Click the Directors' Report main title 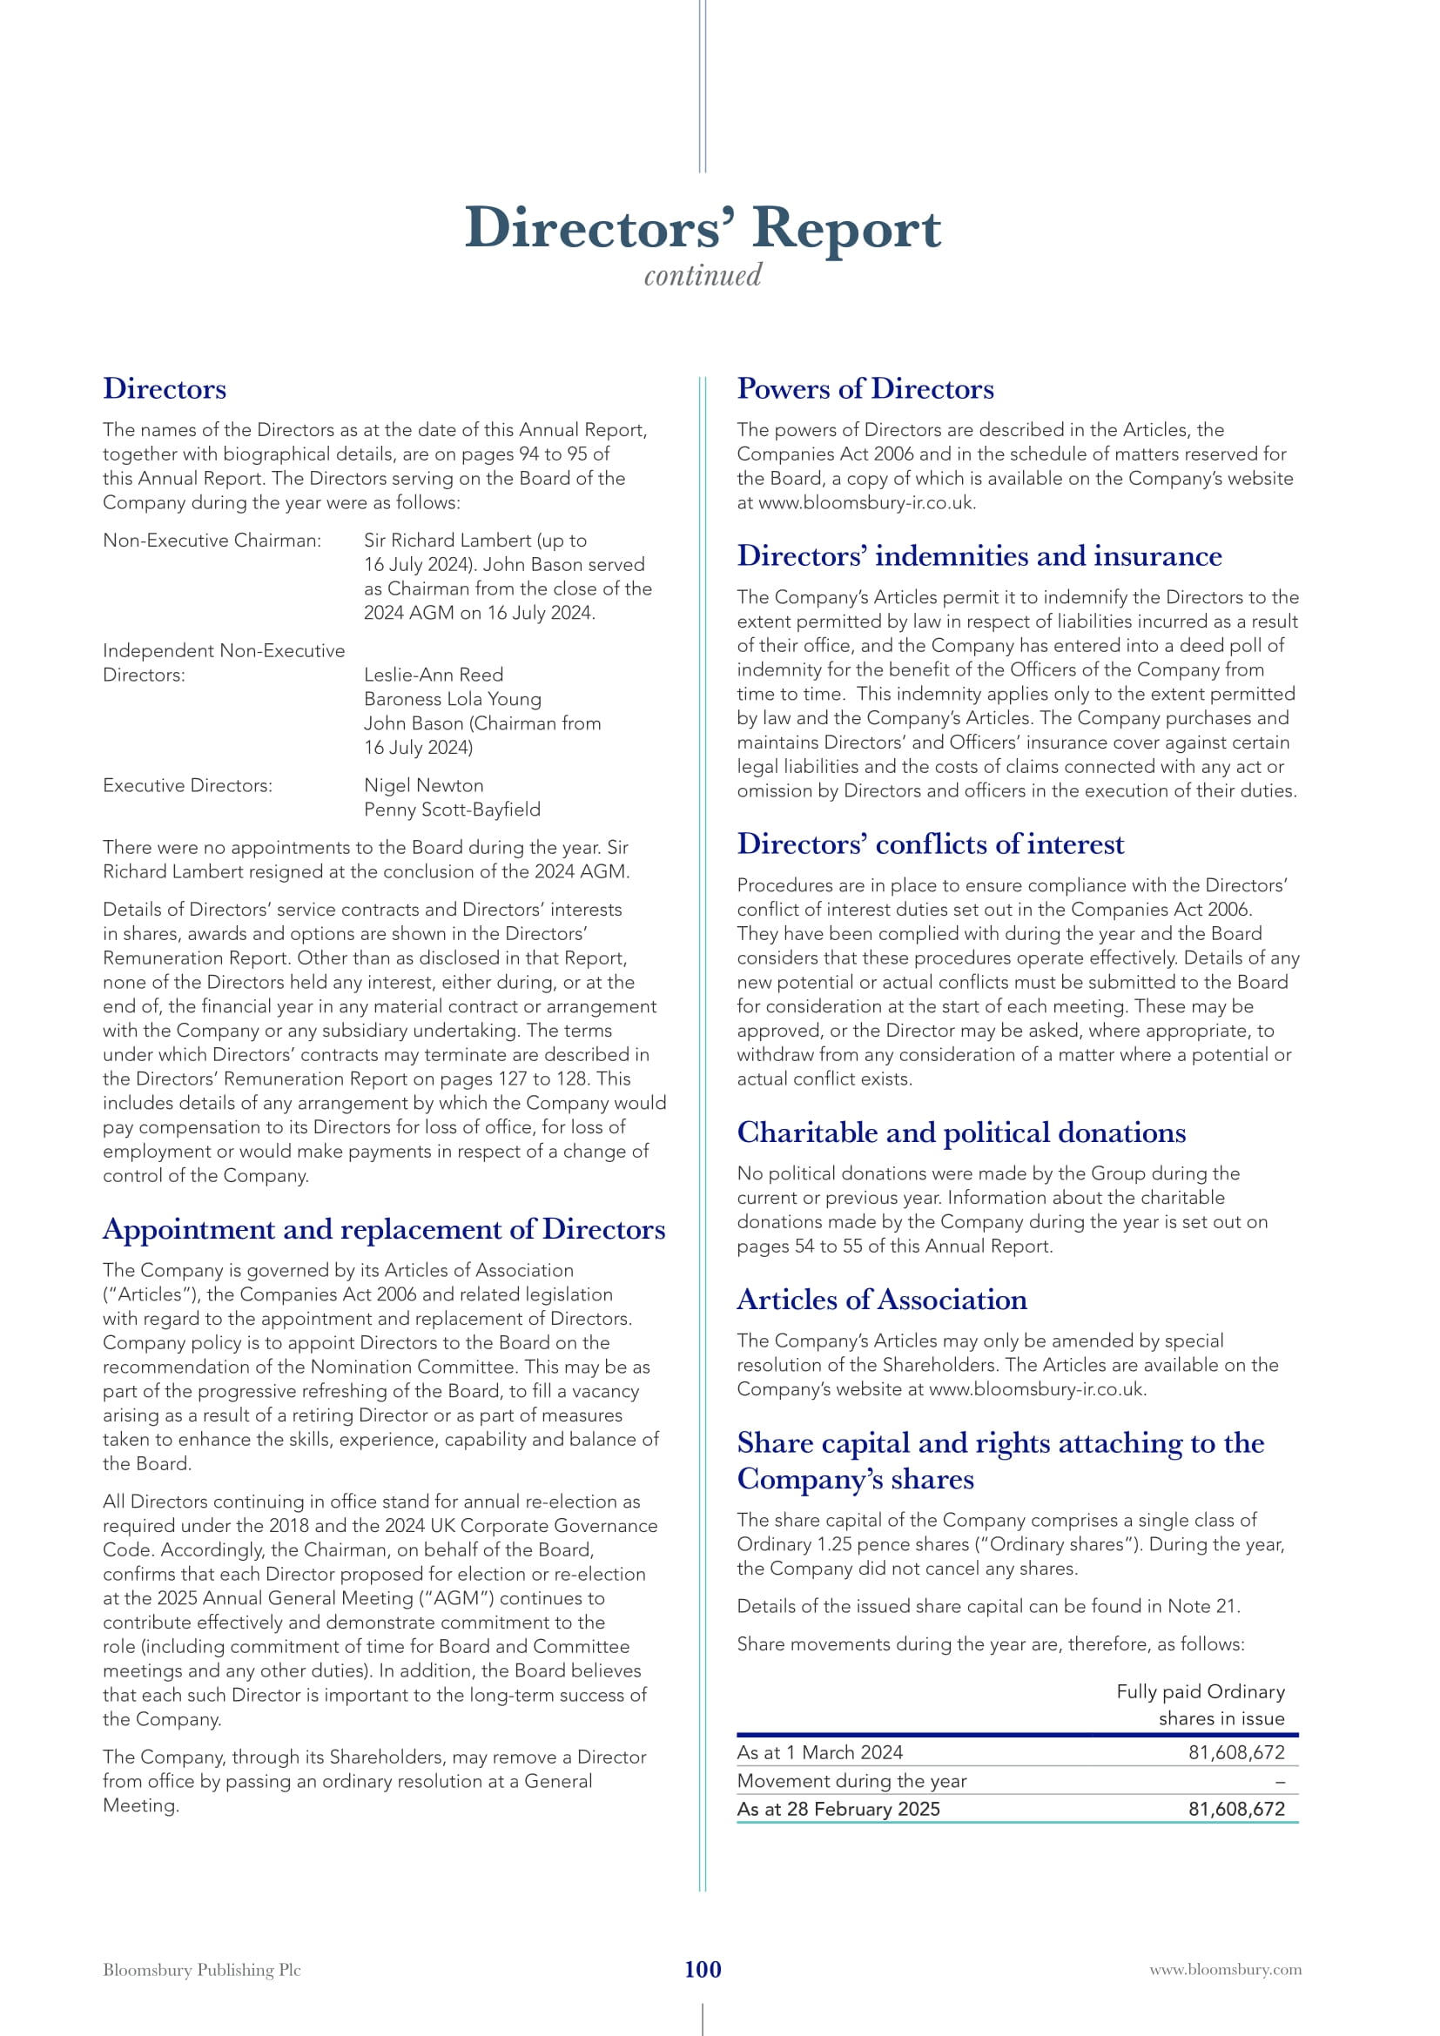coord(703,228)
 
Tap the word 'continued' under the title coord(703,276)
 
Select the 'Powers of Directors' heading coord(865,388)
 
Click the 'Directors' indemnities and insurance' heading coord(979,556)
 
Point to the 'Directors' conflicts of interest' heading coord(930,844)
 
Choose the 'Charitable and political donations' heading coord(961,1132)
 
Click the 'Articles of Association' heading coord(881,1300)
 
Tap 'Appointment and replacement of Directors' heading coord(384,1229)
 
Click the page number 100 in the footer coord(703,1970)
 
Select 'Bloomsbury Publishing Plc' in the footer coord(202,1971)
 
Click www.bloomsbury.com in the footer coord(1226,1971)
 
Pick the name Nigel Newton coord(424,786)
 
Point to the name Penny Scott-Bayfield coord(452,810)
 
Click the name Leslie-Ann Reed coord(434,675)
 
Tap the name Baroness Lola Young coord(452,699)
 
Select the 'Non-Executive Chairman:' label coord(212,541)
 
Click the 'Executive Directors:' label coord(188,786)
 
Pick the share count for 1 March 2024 coord(1236,1753)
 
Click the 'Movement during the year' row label coord(851,1782)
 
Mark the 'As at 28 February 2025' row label coord(838,1810)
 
